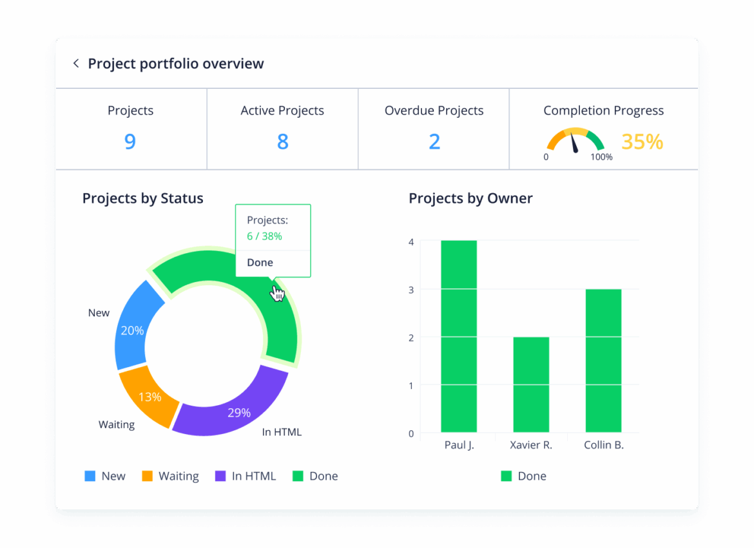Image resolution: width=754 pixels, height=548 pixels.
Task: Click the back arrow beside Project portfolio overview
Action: [x=76, y=63]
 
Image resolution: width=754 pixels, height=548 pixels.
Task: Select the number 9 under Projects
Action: [x=130, y=141]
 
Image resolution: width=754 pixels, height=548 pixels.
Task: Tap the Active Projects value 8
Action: [x=282, y=141]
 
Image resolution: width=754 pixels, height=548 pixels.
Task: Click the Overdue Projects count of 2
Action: [x=434, y=141]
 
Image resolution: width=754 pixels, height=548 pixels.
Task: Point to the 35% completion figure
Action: [x=642, y=142]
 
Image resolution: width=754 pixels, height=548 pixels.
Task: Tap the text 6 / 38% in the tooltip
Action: [x=264, y=236]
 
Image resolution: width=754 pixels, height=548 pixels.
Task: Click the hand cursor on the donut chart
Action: [x=278, y=294]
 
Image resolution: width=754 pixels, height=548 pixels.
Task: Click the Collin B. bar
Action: [x=603, y=361]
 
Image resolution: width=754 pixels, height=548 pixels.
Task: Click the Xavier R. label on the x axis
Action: [x=531, y=445]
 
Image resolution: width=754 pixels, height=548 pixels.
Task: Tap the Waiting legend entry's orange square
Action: [x=148, y=477]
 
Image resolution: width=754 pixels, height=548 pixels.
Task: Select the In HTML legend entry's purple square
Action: [x=220, y=477]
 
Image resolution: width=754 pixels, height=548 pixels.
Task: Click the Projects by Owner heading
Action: [x=470, y=198]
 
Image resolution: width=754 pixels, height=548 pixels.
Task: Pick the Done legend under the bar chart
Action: [x=523, y=477]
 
